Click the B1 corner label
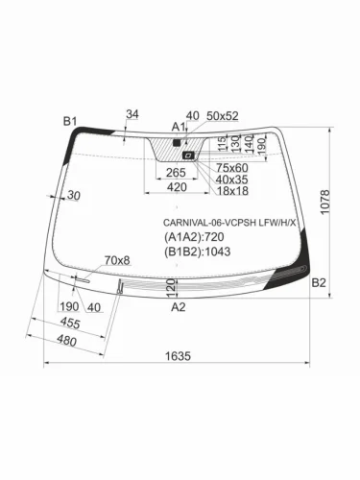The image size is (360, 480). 69,120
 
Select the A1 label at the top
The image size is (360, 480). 178,127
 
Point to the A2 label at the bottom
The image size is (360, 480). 178,307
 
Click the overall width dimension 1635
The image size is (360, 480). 178,356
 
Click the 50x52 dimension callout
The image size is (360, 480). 222,115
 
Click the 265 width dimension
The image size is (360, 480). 176,173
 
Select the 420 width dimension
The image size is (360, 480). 176,188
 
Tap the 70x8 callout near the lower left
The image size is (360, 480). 116,260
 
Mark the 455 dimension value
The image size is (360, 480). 69,324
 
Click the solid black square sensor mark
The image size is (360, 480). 176,142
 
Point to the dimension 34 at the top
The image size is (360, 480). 132,115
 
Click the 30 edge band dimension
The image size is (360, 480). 75,196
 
